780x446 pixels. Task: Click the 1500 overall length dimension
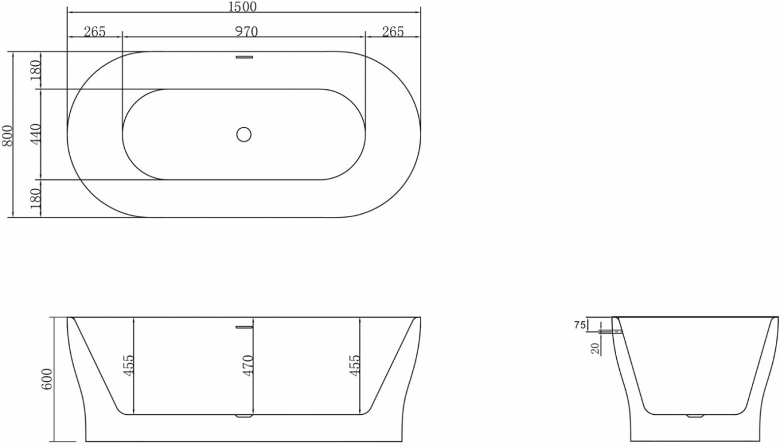pyautogui.click(x=242, y=7)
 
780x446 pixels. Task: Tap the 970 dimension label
pyautogui.click(x=247, y=32)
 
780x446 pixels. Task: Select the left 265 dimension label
pyautogui.click(x=95, y=32)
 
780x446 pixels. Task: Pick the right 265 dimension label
pyautogui.click(x=393, y=32)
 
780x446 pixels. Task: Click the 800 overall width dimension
pyautogui.click(x=7, y=135)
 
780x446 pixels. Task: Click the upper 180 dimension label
pyautogui.click(x=35, y=70)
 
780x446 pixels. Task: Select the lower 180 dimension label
pyautogui.click(x=35, y=198)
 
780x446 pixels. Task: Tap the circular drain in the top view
pyautogui.click(x=244, y=134)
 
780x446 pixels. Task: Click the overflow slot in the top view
pyautogui.click(x=244, y=57)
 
